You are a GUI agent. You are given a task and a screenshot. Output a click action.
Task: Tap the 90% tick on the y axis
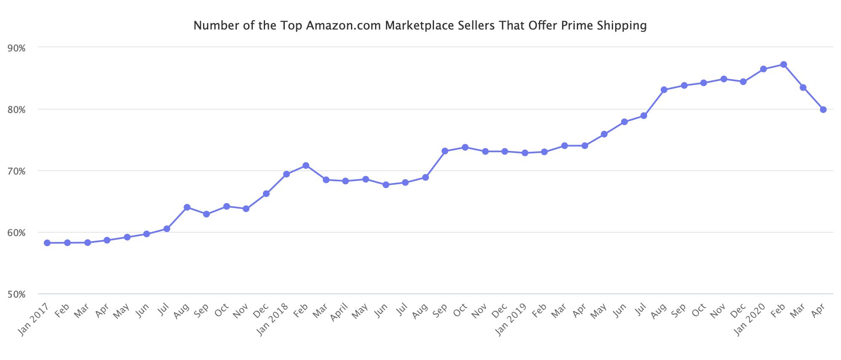tap(17, 48)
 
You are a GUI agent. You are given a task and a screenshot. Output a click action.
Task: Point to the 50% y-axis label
tap(17, 294)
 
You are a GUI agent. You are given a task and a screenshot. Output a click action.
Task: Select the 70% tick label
tap(17, 171)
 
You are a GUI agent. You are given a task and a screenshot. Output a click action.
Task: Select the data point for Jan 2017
tap(47, 243)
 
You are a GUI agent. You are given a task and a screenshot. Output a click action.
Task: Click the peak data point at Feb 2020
tap(783, 64)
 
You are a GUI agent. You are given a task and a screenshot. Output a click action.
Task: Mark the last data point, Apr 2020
tap(823, 110)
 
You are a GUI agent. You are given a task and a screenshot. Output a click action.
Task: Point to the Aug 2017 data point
tap(187, 207)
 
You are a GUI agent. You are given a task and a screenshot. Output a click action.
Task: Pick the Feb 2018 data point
tap(306, 166)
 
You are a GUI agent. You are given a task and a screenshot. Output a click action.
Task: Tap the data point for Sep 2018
tap(445, 151)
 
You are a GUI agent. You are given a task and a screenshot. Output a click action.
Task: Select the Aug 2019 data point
tap(664, 90)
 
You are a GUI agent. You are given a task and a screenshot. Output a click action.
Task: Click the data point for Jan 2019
tap(525, 153)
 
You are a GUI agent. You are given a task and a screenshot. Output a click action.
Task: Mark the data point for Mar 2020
tap(803, 88)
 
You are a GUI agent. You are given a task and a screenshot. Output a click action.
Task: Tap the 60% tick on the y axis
tap(17, 233)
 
